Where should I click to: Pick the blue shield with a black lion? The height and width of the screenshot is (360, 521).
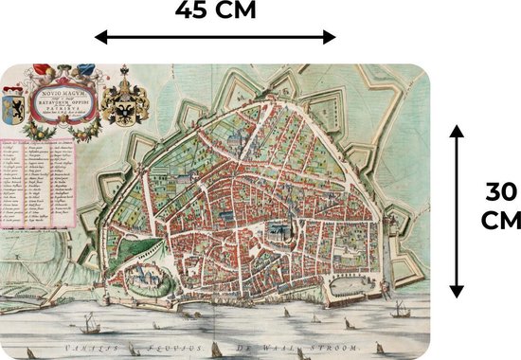14,103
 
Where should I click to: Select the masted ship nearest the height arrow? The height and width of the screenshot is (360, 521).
399,310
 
